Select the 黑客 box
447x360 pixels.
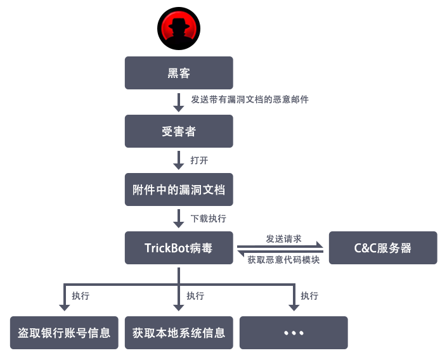[179, 73]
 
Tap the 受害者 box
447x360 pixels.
[179, 131]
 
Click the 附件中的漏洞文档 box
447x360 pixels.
[179, 190]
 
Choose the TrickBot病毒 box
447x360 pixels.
[179, 248]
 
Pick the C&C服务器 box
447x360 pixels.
[383, 248]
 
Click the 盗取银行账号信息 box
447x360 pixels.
[64, 333]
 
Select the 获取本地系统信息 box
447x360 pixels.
[179, 333]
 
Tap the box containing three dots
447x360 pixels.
[294, 333]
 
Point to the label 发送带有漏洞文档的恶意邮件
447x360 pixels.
[250, 100]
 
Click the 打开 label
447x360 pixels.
[199, 160]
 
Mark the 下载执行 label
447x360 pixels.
[208, 219]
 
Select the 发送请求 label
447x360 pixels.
[283, 239]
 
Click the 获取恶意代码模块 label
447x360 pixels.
[283, 258]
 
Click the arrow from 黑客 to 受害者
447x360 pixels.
[179, 102]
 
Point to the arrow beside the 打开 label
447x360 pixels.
[179, 160]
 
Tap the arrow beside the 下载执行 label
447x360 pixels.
[179, 219]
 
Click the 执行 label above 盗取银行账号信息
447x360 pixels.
[81, 296]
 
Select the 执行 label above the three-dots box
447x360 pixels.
[309, 296]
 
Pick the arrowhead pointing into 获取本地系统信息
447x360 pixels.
[179, 307]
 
